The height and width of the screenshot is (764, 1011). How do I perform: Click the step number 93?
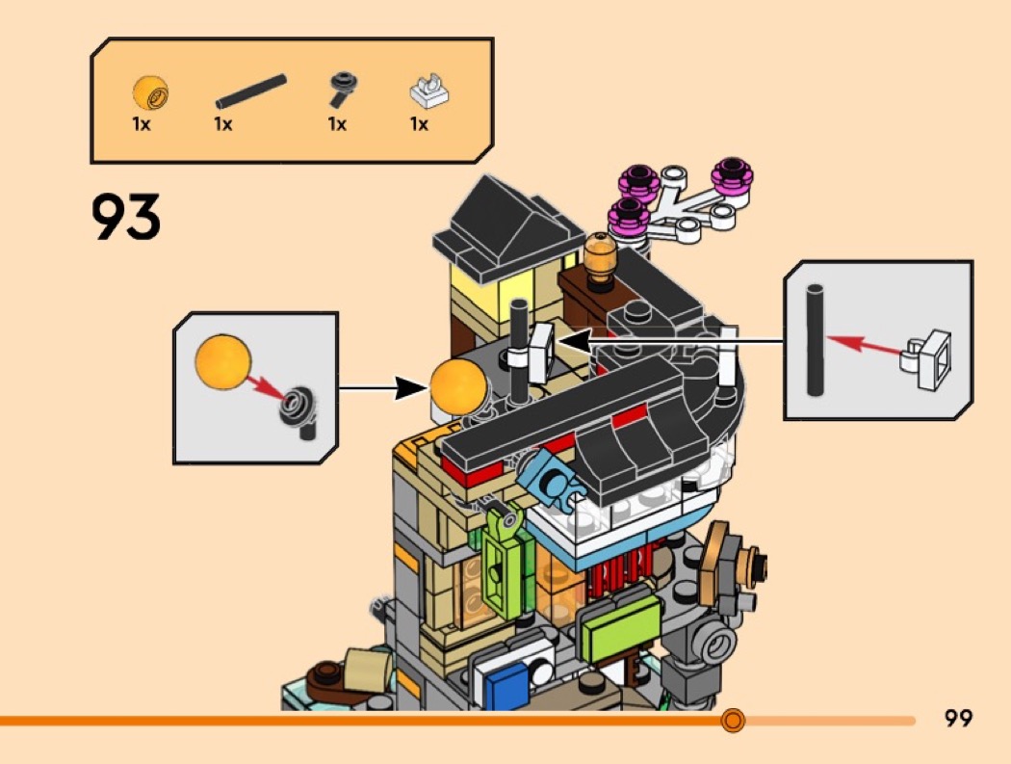coord(126,217)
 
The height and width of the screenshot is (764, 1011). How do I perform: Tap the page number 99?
coord(959,718)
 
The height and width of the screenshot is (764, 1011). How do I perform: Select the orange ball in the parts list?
coord(150,93)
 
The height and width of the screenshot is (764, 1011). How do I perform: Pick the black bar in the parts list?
coord(250,91)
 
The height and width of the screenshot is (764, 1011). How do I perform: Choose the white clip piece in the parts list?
coord(428,92)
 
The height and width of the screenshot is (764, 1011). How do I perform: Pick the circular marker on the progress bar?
coord(733,720)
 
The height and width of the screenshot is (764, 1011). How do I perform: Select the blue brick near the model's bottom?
coord(502,686)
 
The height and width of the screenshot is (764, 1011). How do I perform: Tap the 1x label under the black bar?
coord(223,124)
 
